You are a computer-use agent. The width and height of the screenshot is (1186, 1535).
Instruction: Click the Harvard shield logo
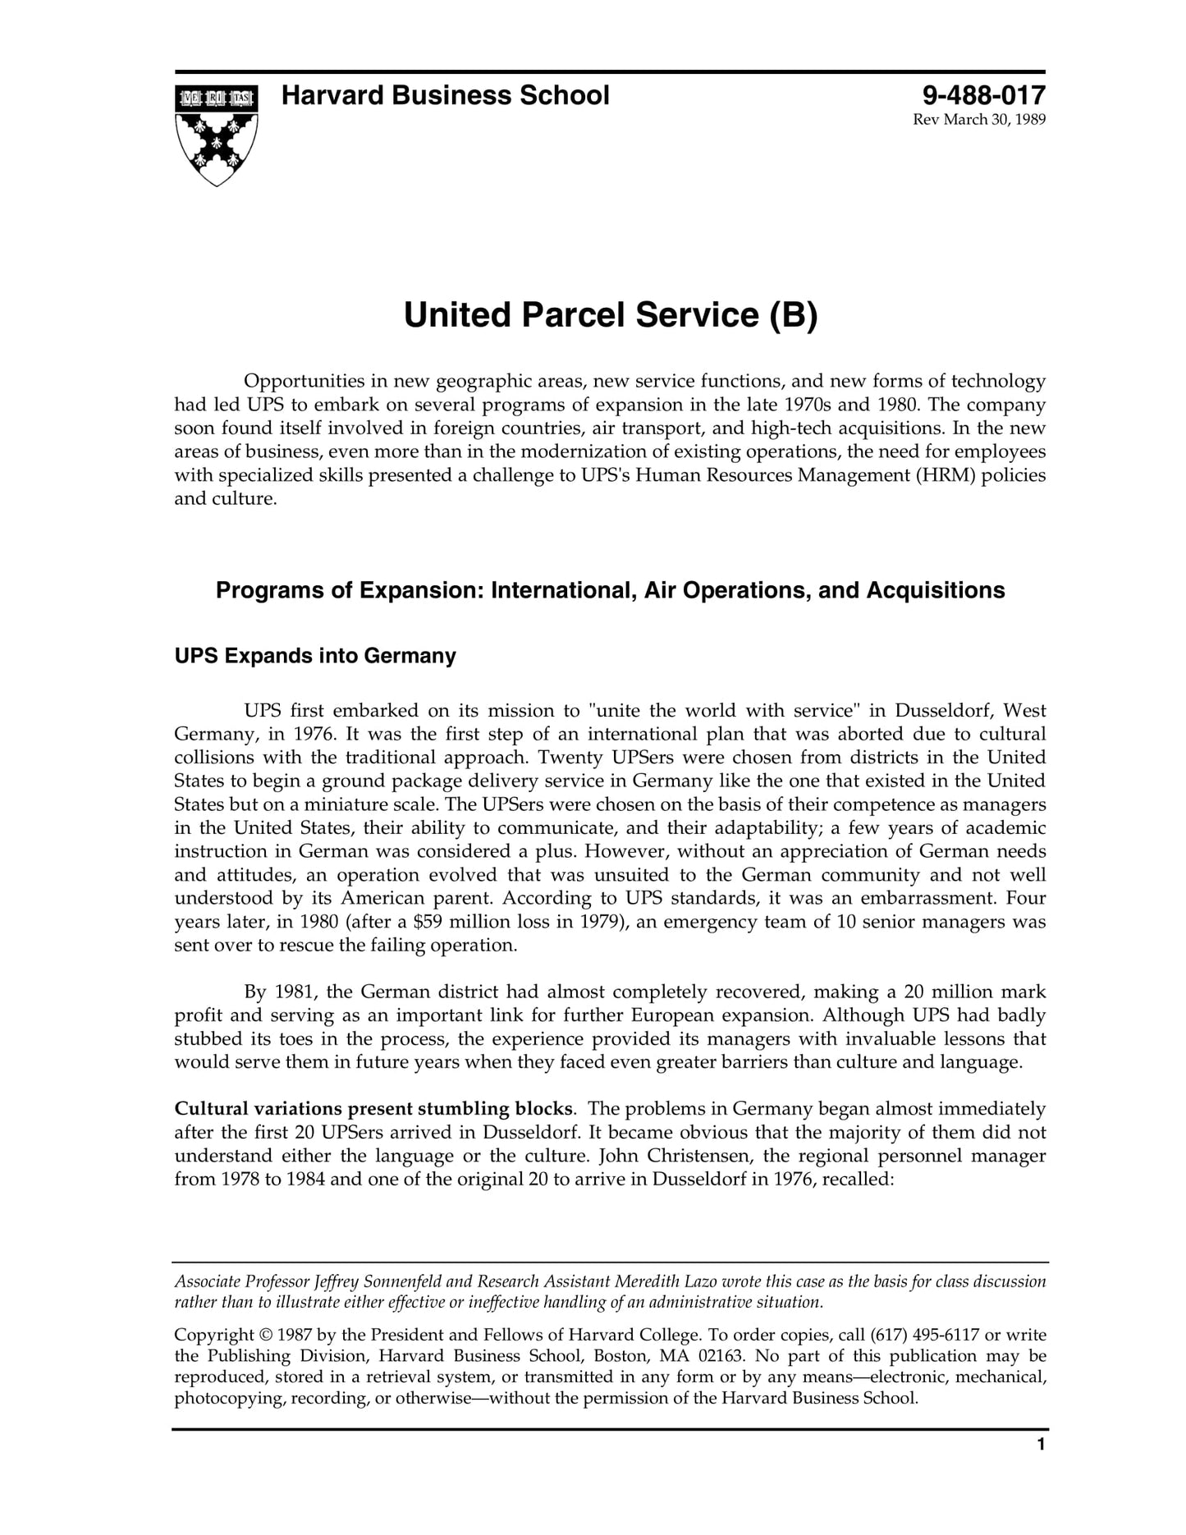[216, 135]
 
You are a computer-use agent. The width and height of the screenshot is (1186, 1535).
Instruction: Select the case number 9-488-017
[983, 96]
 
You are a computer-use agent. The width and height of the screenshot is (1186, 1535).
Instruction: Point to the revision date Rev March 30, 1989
[979, 121]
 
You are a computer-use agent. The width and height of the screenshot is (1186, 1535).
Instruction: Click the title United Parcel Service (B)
[611, 316]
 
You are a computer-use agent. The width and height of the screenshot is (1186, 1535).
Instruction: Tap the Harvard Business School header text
[445, 96]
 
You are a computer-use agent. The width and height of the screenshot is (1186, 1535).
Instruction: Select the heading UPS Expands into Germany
[315, 656]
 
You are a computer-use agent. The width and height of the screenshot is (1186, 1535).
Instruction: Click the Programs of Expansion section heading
[610, 590]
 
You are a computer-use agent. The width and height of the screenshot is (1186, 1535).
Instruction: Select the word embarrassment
[930, 898]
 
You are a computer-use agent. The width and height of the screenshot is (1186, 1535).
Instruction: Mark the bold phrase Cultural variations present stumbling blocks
[373, 1109]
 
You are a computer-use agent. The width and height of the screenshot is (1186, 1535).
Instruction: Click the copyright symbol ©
[268, 1336]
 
